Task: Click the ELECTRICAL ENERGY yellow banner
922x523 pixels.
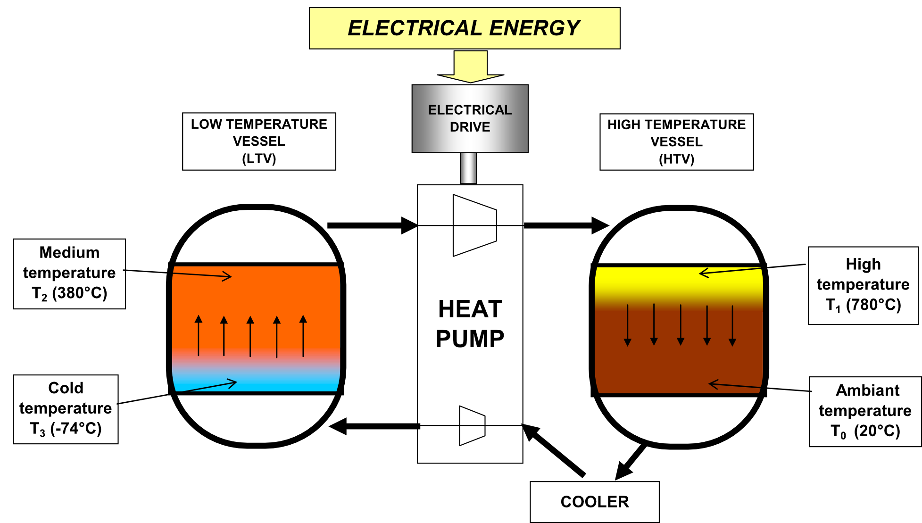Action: coord(465,28)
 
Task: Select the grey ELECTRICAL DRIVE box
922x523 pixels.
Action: coord(470,118)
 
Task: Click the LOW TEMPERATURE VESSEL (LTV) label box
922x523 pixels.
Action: coord(259,141)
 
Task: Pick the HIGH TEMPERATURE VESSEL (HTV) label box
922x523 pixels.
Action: coord(676,142)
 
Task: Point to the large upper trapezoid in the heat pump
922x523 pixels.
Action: coord(474,225)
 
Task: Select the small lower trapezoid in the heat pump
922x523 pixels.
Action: coord(472,426)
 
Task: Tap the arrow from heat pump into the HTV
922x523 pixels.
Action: coord(566,225)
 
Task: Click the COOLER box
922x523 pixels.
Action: coord(594,502)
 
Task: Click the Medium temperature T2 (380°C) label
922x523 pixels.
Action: coord(69,274)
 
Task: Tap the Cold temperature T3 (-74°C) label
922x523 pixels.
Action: coord(66,409)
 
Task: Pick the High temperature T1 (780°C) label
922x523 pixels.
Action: coord(863,285)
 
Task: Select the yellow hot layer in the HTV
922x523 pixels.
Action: coord(678,281)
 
